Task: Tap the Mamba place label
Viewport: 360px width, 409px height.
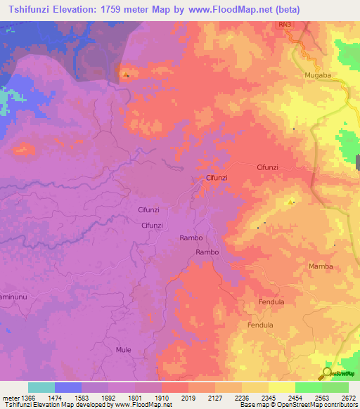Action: pyautogui.click(x=320, y=266)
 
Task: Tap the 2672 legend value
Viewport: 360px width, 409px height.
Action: pyautogui.click(x=349, y=398)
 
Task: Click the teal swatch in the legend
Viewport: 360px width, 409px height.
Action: pyautogui.click(x=41, y=387)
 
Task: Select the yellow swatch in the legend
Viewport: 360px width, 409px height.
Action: pyautogui.click(x=282, y=387)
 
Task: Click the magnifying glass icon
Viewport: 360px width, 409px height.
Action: pyautogui.click(x=327, y=374)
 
